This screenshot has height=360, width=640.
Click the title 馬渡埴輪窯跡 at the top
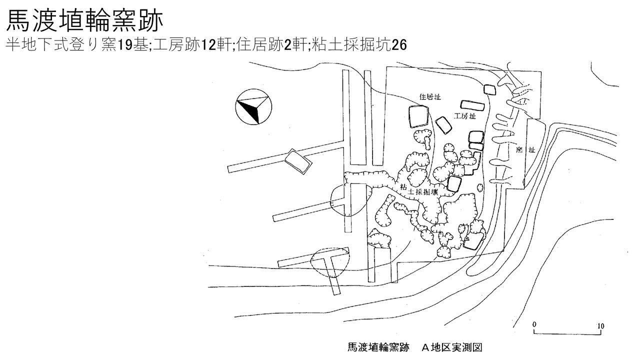click(x=84, y=21)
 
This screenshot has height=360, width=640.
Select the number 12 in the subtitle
click(x=208, y=45)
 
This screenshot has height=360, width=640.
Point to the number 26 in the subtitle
click(x=399, y=45)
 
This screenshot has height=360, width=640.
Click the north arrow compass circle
click(x=253, y=106)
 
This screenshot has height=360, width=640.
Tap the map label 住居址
click(x=430, y=97)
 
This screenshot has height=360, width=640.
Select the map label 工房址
click(x=465, y=116)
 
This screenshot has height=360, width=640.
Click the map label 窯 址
click(x=525, y=149)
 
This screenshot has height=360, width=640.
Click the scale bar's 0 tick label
click(x=534, y=324)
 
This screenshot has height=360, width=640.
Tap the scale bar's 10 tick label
click(x=600, y=326)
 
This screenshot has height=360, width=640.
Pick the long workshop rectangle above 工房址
click(x=472, y=105)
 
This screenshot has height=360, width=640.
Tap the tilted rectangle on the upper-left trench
click(x=298, y=161)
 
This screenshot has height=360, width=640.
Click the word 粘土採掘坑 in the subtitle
click(x=351, y=45)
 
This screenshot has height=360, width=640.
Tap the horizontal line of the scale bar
click(x=567, y=333)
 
